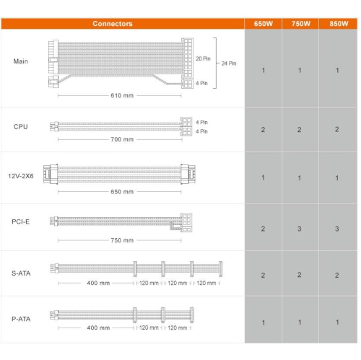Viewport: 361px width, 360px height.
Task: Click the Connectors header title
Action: pyautogui.click(x=113, y=24)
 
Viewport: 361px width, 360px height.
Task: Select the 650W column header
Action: pyautogui.click(x=264, y=24)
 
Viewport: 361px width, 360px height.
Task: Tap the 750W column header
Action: pyautogui.click(x=301, y=24)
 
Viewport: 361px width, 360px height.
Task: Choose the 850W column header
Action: pyautogui.click(x=339, y=24)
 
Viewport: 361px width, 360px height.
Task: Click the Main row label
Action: pyautogui.click(x=21, y=61)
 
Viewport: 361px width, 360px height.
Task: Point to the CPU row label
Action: pyautogui.click(x=21, y=127)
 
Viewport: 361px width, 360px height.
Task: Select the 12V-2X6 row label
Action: pyautogui.click(x=21, y=176)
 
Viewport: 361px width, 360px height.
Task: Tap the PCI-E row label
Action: pyautogui.click(x=21, y=221)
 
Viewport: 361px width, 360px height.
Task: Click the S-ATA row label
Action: pyautogui.click(x=21, y=273)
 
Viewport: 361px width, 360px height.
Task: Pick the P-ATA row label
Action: pyautogui.click(x=21, y=319)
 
